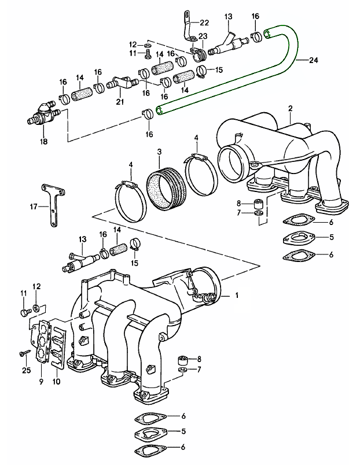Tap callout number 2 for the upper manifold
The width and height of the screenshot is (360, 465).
pyautogui.click(x=290, y=108)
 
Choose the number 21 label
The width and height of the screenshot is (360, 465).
pyautogui.click(x=120, y=102)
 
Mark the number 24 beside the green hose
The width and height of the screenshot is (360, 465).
pyautogui.click(x=314, y=60)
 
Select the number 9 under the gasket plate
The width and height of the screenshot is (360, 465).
pyautogui.click(x=42, y=381)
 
